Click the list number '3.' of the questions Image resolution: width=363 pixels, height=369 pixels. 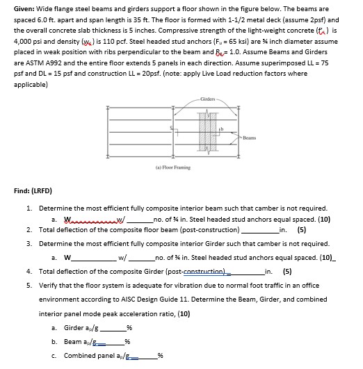[x=29, y=244]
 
